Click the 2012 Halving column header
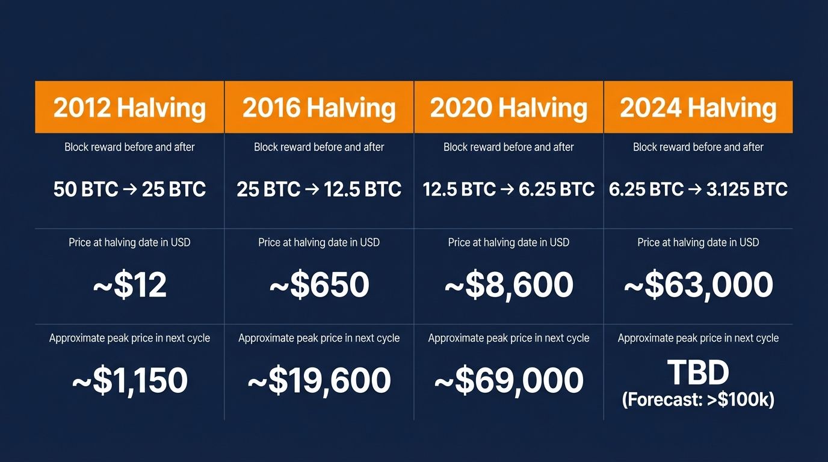point(129,108)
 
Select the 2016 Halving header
point(319,108)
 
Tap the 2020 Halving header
point(508,108)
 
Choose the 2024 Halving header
point(698,108)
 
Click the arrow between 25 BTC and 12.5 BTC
point(312,189)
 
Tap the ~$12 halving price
point(129,285)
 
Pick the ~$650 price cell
point(319,285)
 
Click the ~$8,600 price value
point(508,285)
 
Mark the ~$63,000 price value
point(698,285)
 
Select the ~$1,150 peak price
point(129,381)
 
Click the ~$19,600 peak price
point(319,381)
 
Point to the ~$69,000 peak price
point(508,381)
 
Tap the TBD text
point(698,373)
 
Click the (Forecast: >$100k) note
point(698,399)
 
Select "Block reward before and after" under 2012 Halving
point(129,147)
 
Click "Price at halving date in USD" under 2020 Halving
point(508,242)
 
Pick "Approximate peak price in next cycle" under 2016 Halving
point(319,338)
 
